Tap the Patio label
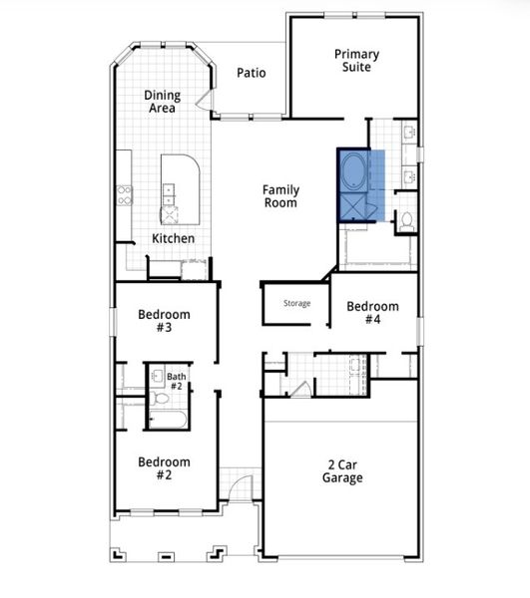(x=251, y=74)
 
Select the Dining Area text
(x=162, y=102)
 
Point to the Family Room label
(x=280, y=196)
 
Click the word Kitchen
(x=173, y=239)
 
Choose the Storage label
(x=296, y=304)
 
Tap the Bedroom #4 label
(x=372, y=313)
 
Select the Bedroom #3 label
(x=164, y=321)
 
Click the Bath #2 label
(x=176, y=381)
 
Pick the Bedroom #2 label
(x=164, y=468)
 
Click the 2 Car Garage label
(x=342, y=470)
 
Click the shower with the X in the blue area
(x=354, y=206)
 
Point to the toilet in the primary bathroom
(x=406, y=221)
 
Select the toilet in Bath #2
(x=161, y=399)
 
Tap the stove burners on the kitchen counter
(x=125, y=195)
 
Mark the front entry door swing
(x=238, y=490)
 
